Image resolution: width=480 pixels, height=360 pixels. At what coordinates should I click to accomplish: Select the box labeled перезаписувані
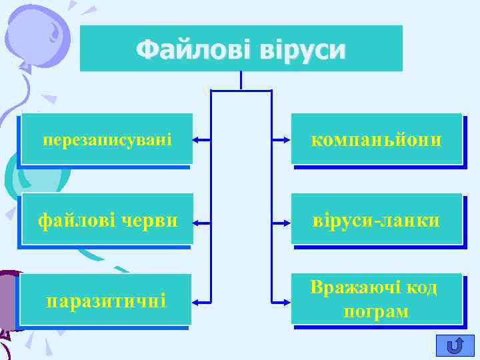click(107, 139)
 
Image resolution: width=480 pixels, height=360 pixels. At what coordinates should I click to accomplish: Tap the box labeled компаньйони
click(376, 139)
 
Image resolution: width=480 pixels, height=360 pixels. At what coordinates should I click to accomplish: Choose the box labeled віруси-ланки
click(376, 220)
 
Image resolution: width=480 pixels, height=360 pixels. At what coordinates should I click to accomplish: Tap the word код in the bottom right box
click(422, 287)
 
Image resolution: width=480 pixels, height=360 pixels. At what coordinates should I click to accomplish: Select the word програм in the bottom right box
click(376, 311)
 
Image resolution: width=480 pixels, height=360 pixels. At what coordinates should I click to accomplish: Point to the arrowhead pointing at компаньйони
click(285, 140)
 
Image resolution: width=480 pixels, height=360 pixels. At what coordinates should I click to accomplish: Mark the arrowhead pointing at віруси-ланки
click(285, 221)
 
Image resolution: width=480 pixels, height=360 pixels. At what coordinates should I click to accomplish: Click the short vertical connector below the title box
click(241, 80)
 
